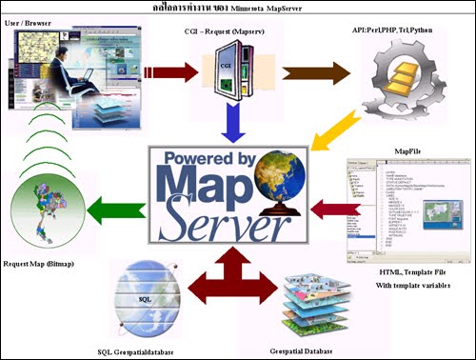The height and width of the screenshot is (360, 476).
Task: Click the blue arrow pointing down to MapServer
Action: [226, 120]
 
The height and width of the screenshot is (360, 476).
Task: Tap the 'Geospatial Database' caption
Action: [318, 349]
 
